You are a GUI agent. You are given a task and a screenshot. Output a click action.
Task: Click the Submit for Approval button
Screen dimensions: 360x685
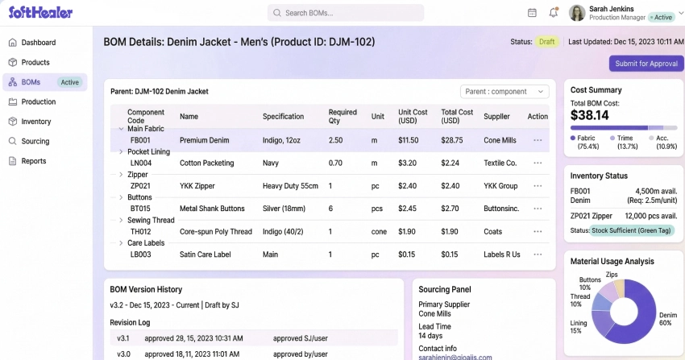point(647,64)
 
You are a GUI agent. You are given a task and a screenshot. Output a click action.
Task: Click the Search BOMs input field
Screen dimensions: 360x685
point(347,13)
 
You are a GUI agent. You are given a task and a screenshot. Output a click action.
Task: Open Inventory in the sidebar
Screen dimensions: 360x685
point(35,122)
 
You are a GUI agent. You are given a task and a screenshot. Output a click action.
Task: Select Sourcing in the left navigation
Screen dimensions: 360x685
point(35,141)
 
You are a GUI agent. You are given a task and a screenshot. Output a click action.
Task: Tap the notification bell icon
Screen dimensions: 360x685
point(554,13)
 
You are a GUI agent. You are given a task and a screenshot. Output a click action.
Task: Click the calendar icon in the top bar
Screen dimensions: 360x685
point(532,13)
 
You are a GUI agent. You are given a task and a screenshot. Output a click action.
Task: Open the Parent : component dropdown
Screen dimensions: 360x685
point(504,92)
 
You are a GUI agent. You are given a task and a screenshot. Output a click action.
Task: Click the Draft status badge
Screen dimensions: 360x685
point(547,41)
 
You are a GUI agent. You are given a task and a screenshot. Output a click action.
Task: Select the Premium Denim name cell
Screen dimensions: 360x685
point(205,140)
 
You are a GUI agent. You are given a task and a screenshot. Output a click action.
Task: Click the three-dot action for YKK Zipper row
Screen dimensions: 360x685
point(538,185)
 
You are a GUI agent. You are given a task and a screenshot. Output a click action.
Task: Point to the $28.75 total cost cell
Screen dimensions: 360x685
point(451,140)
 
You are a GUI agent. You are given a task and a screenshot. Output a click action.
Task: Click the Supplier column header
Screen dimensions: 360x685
point(496,117)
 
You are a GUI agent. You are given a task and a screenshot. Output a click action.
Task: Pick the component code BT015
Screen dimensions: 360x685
point(141,209)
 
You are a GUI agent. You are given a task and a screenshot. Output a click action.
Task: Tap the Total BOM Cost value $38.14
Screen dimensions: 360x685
point(590,115)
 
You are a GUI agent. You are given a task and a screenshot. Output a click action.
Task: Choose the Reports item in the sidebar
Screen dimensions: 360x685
point(33,161)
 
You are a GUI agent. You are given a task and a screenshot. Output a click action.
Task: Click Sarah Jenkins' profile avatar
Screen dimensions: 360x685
point(577,13)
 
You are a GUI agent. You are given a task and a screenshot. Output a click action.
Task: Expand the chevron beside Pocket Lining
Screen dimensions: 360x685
point(122,151)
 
